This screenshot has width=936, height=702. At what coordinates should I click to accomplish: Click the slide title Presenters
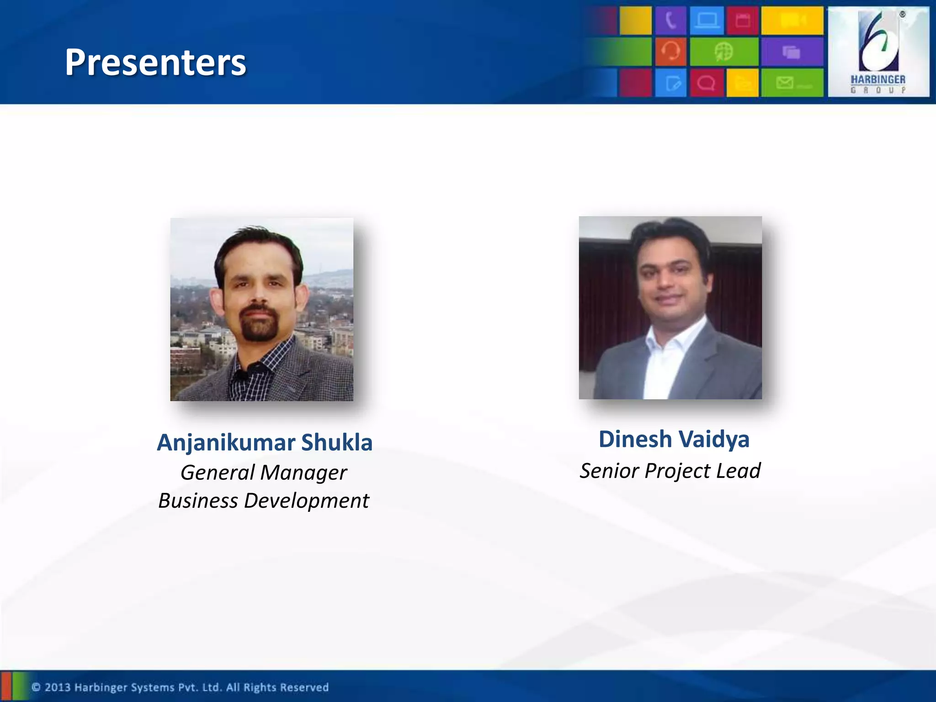(155, 62)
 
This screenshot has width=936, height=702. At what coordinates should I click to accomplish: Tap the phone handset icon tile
(670, 21)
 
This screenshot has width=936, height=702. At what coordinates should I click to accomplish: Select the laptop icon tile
(707, 21)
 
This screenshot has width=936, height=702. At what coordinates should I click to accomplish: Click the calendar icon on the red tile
(743, 21)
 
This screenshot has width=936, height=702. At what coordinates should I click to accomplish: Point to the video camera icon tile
(792, 21)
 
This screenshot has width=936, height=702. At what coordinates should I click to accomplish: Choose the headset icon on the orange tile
(670, 51)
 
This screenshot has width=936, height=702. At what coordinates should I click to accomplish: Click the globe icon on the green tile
(724, 52)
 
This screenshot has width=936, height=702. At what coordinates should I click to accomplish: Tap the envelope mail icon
(785, 83)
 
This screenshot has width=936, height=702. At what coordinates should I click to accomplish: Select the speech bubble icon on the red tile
(706, 83)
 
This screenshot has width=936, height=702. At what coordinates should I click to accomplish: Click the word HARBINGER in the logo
(878, 80)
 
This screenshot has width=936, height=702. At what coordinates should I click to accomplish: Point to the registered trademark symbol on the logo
(902, 15)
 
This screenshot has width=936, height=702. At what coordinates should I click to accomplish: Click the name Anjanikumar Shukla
(265, 442)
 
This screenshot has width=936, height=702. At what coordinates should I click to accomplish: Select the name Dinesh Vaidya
(674, 439)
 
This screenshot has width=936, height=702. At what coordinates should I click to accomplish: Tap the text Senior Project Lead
(670, 471)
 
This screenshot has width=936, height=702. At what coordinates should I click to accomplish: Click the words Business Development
(264, 501)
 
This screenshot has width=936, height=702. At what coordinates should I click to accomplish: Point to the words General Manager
(264, 473)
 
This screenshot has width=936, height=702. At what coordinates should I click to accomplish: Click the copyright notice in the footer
(180, 687)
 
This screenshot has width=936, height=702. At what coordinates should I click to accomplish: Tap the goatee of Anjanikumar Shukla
(259, 327)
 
